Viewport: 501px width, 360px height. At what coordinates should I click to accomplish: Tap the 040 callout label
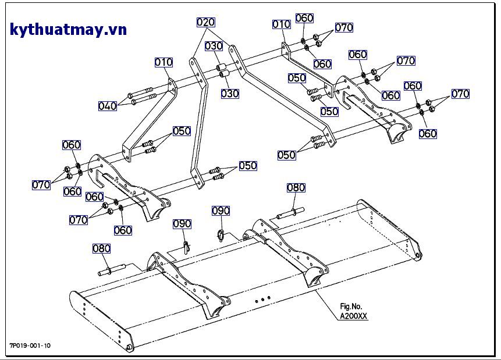point(108,106)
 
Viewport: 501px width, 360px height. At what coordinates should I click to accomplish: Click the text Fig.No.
point(351,306)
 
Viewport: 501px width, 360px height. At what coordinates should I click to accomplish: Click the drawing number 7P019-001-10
point(30,345)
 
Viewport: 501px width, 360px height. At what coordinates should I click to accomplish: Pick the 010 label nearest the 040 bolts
point(164,62)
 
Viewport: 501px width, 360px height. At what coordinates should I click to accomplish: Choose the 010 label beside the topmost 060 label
point(282,24)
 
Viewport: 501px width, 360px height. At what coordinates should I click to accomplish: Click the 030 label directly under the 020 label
point(214,45)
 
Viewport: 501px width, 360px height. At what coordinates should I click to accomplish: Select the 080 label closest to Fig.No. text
point(296,187)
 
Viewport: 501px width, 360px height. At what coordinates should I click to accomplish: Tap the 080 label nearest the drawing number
point(101,249)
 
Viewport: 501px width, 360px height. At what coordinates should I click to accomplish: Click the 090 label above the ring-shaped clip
point(221,210)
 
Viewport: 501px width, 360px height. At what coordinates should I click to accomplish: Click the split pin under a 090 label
point(186,246)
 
